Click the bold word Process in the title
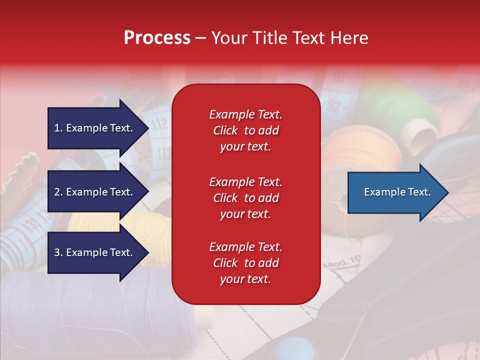click(x=157, y=37)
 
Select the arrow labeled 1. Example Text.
click(x=93, y=128)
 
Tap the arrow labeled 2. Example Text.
click(x=93, y=192)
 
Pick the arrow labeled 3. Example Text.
click(x=93, y=252)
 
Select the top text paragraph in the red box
click(x=245, y=130)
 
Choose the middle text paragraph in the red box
click(x=245, y=198)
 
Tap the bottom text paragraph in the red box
click(x=245, y=263)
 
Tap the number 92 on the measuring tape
click(x=335, y=106)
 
